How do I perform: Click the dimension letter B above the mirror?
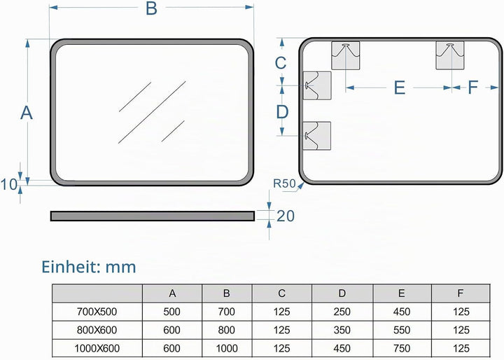[x=151, y=8]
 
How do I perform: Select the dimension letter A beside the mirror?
[x=27, y=113]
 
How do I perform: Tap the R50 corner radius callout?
[x=284, y=184]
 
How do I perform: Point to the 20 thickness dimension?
[x=286, y=216]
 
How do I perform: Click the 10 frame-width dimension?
[x=8, y=185]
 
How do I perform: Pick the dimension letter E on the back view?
[x=400, y=88]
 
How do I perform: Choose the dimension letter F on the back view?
[x=472, y=87]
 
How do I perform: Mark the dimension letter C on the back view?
[x=281, y=63]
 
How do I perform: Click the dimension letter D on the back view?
[x=282, y=112]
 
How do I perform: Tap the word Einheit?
[x=67, y=267]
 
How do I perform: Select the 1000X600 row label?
[x=97, y=348]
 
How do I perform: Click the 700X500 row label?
[x=97, y=312]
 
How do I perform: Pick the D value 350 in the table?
[x=342, y=330]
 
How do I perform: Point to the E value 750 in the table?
[x=402, y=348]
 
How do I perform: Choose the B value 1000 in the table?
[x=227, y=348]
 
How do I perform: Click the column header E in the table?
[x=402, y=293]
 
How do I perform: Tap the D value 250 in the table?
[x=342, y=312]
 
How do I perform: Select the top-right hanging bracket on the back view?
[x=450, y=55]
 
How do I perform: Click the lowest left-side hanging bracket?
[x=317, y=136]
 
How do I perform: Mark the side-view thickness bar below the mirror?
[x=153, y=216]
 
